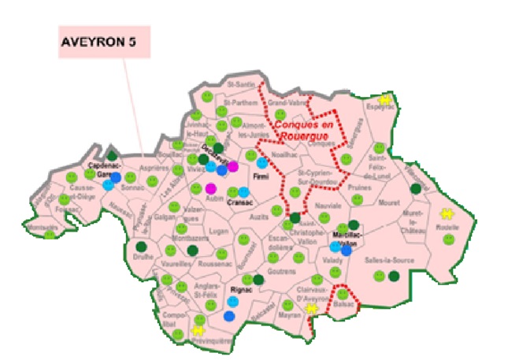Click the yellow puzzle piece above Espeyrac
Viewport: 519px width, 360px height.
[x=385, y=99]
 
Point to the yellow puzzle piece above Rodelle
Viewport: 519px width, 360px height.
[x=447, y=214]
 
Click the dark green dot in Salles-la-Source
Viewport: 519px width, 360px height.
[x=393, y=276]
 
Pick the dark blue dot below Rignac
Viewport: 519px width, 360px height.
[x=229, y=316]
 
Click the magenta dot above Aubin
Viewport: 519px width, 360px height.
[x=210, y=188]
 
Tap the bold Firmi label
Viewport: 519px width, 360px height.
[x=261, y=178]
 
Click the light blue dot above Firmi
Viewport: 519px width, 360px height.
[x=262, y=163]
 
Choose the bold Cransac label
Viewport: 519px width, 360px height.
[x=238, y=203]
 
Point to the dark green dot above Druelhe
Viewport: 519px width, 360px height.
[x=141, y=247]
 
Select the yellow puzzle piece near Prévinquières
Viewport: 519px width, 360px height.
[x=198, y=332]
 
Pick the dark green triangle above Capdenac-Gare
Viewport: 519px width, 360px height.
[x=112, y=154]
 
